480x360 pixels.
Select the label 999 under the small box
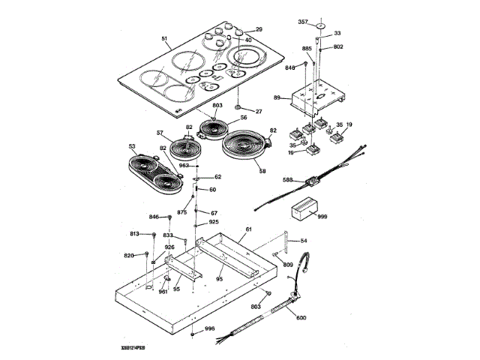tap(322, 216)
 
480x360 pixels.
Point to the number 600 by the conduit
tap(301, 319)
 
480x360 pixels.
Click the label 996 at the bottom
tap(210, 329)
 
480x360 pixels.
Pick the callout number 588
tap(287, 180)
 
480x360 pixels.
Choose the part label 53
tap(133, 147)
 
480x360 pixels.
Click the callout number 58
tap(263, 172)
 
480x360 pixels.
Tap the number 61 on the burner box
tap(249, 229)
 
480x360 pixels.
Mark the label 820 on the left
tap(129, 256)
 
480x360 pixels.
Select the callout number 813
tap(134, 234)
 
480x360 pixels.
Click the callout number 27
tap(259, 112)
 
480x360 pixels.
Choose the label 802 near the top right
tap(338, 46)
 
